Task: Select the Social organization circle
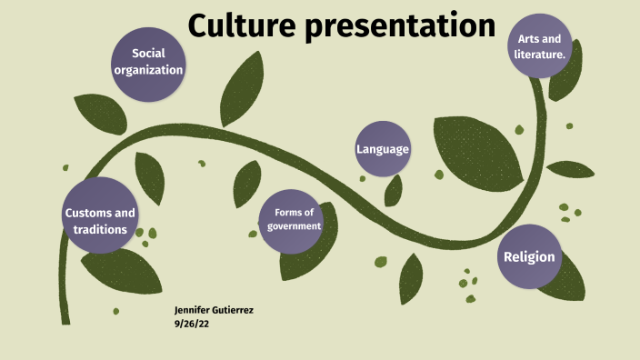pyautogui.click(x=148, y=62)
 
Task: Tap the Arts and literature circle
pyautogui.click(x=540, y=46)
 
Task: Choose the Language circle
pyautogui.click(x=383, y=149)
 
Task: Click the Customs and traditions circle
pyautogui.click(x=100, y=221)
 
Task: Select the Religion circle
pyautogui.click(x=529, y=256)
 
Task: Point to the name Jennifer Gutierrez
pyautogui.click(x=214, y=310)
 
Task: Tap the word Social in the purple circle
pyautogui.click(x=148, y=53)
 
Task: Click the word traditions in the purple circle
pyautogui.click(x=100, y=230)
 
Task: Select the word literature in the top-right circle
pyautogui.click(x=540, y=55)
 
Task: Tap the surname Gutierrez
pyautogui.click(x=232, y=310)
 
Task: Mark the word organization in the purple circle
pyautogui.click(x=148, y=70)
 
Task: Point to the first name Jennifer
pyautogui.click(x=191, y=310)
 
